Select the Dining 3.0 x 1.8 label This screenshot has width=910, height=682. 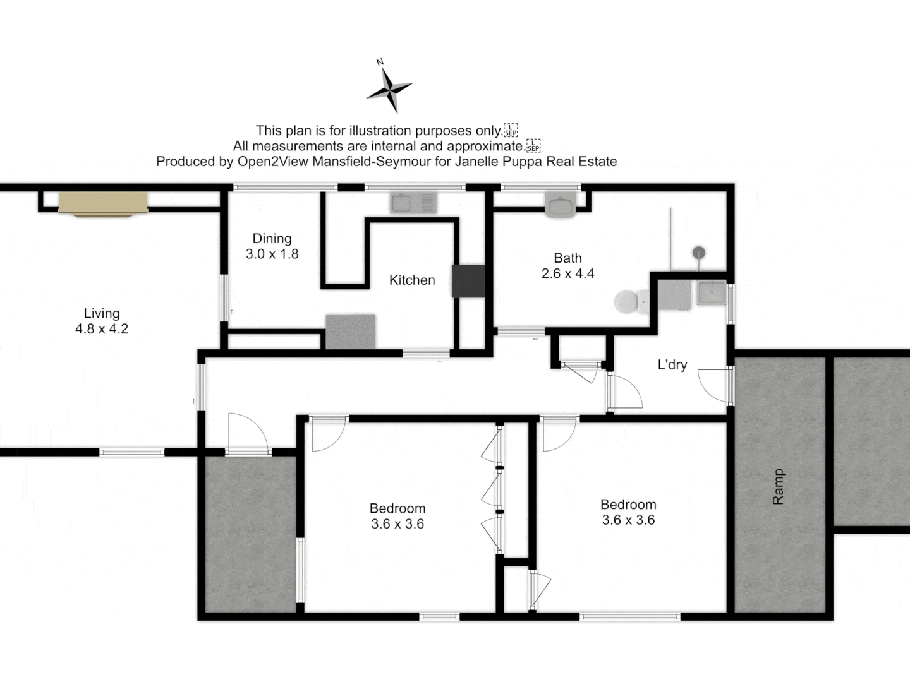click(272, 246)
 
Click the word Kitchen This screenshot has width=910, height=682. click(412, 280)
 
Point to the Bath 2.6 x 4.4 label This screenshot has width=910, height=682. click(567, 266)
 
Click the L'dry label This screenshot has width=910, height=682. click(672, 365)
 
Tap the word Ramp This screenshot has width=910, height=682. click(779, 486)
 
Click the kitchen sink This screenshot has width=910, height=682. click(414, 203)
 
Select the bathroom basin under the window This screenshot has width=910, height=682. click(560, 206)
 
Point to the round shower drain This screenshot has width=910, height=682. click(698, 253)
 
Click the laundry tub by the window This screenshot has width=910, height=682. click(712, 293)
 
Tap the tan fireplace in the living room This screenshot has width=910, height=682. click(103, 204)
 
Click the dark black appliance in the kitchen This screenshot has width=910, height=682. click(468, 281)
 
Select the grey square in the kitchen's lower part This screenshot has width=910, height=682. click(350, 332)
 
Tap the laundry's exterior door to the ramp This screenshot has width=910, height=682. click(717, 385)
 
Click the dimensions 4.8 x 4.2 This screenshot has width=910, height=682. click(101, 329)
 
